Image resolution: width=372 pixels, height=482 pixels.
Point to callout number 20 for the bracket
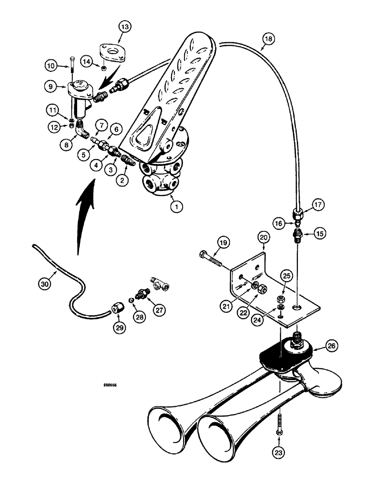[x=263, y=237]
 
